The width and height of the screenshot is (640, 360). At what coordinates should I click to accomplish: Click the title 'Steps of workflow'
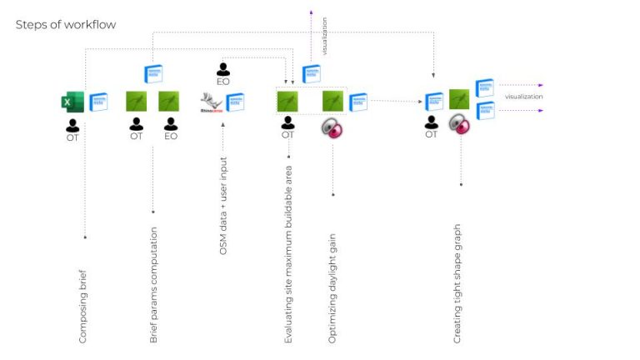66,25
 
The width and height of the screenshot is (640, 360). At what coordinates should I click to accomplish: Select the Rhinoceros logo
211,102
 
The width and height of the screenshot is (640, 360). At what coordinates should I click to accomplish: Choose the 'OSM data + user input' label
223,205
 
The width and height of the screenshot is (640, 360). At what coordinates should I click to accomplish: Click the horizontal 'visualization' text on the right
524,97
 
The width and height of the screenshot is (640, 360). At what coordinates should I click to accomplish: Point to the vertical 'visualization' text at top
325,36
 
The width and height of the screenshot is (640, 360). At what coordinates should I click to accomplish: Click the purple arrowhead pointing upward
312,13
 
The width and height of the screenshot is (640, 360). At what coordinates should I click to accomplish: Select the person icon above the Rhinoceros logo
223,69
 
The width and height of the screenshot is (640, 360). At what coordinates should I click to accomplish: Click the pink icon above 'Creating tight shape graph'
459,124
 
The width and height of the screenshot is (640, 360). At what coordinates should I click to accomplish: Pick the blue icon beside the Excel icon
99,102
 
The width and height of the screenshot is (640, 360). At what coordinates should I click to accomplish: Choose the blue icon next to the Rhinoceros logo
235,102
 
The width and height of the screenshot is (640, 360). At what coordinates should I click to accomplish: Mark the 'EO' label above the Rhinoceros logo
223,82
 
